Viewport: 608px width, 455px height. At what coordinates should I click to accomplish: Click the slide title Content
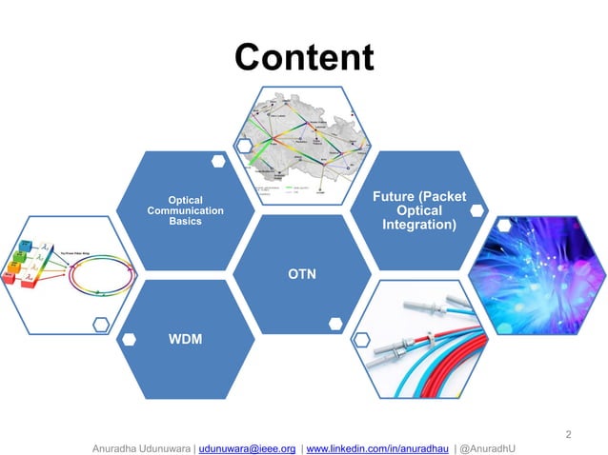(304, 57)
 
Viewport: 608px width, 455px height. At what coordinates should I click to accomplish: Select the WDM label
(186, 339)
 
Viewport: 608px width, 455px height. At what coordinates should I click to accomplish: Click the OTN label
(303, 275)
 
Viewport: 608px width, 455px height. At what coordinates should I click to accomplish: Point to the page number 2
(569, 435)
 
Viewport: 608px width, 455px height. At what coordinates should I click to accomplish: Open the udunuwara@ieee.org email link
(248, 447)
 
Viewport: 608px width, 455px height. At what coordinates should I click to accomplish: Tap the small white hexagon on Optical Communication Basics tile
(218, 162)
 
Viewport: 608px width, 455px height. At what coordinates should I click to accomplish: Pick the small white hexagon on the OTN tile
(335, 324)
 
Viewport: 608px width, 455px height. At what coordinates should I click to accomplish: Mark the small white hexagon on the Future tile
(476, 209)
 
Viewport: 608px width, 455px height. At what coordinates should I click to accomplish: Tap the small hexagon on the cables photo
(361, 338)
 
